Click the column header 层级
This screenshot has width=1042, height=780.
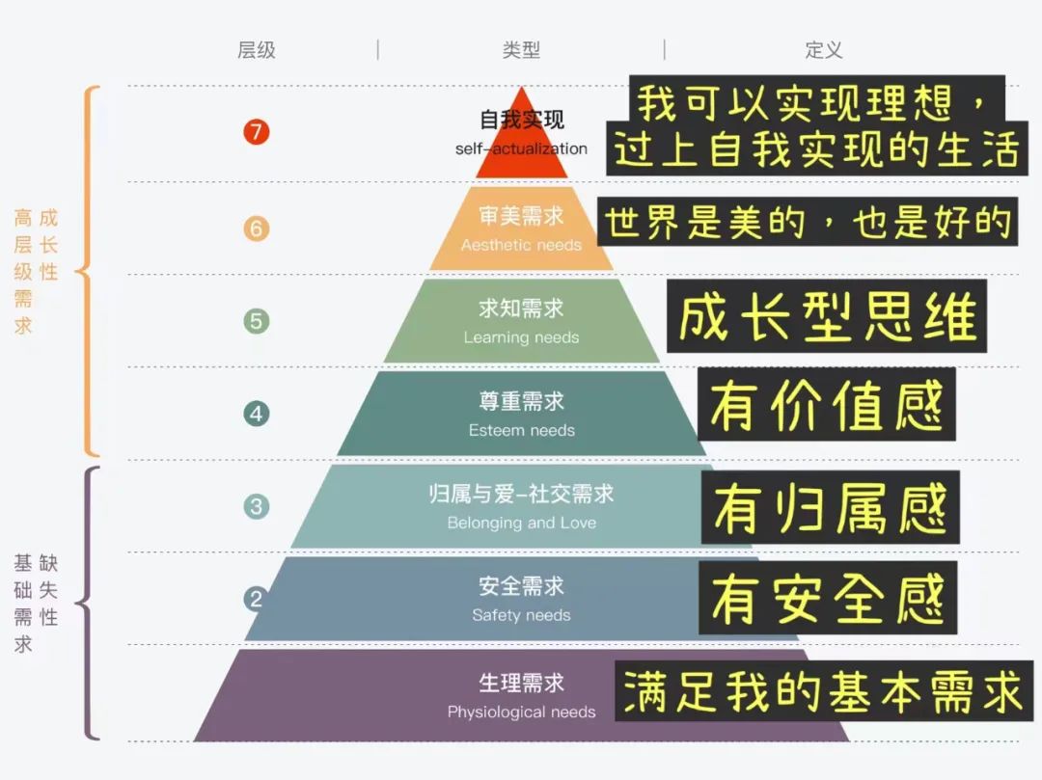click(257, 50)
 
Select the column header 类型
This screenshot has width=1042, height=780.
click(521, 50)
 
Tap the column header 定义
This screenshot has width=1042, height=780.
click(824, 50)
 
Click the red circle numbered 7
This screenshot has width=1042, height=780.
click(256, 132)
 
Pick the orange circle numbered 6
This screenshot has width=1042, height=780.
click(256, 229)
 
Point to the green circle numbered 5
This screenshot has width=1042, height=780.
click(256, 321)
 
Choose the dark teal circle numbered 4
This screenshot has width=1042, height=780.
click(256, 414)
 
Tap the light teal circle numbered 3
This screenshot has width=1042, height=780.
click(256, 506)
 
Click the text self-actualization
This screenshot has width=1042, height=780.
click(521, 148)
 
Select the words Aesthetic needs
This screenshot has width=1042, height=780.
click(521, 245)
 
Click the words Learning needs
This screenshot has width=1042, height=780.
click(521, 337)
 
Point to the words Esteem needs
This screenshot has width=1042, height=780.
click(521, 430)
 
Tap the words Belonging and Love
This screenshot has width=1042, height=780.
click(521, 523)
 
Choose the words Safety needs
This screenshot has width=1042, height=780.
click(521, 615)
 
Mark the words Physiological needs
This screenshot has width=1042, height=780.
click(521, 712)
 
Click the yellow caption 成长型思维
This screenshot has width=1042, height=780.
click(827, 317)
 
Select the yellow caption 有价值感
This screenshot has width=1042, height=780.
click(827, 405)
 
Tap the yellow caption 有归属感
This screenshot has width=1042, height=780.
click(830, 508)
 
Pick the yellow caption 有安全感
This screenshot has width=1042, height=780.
click(828, 599)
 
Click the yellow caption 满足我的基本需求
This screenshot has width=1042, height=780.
click(823, 691)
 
